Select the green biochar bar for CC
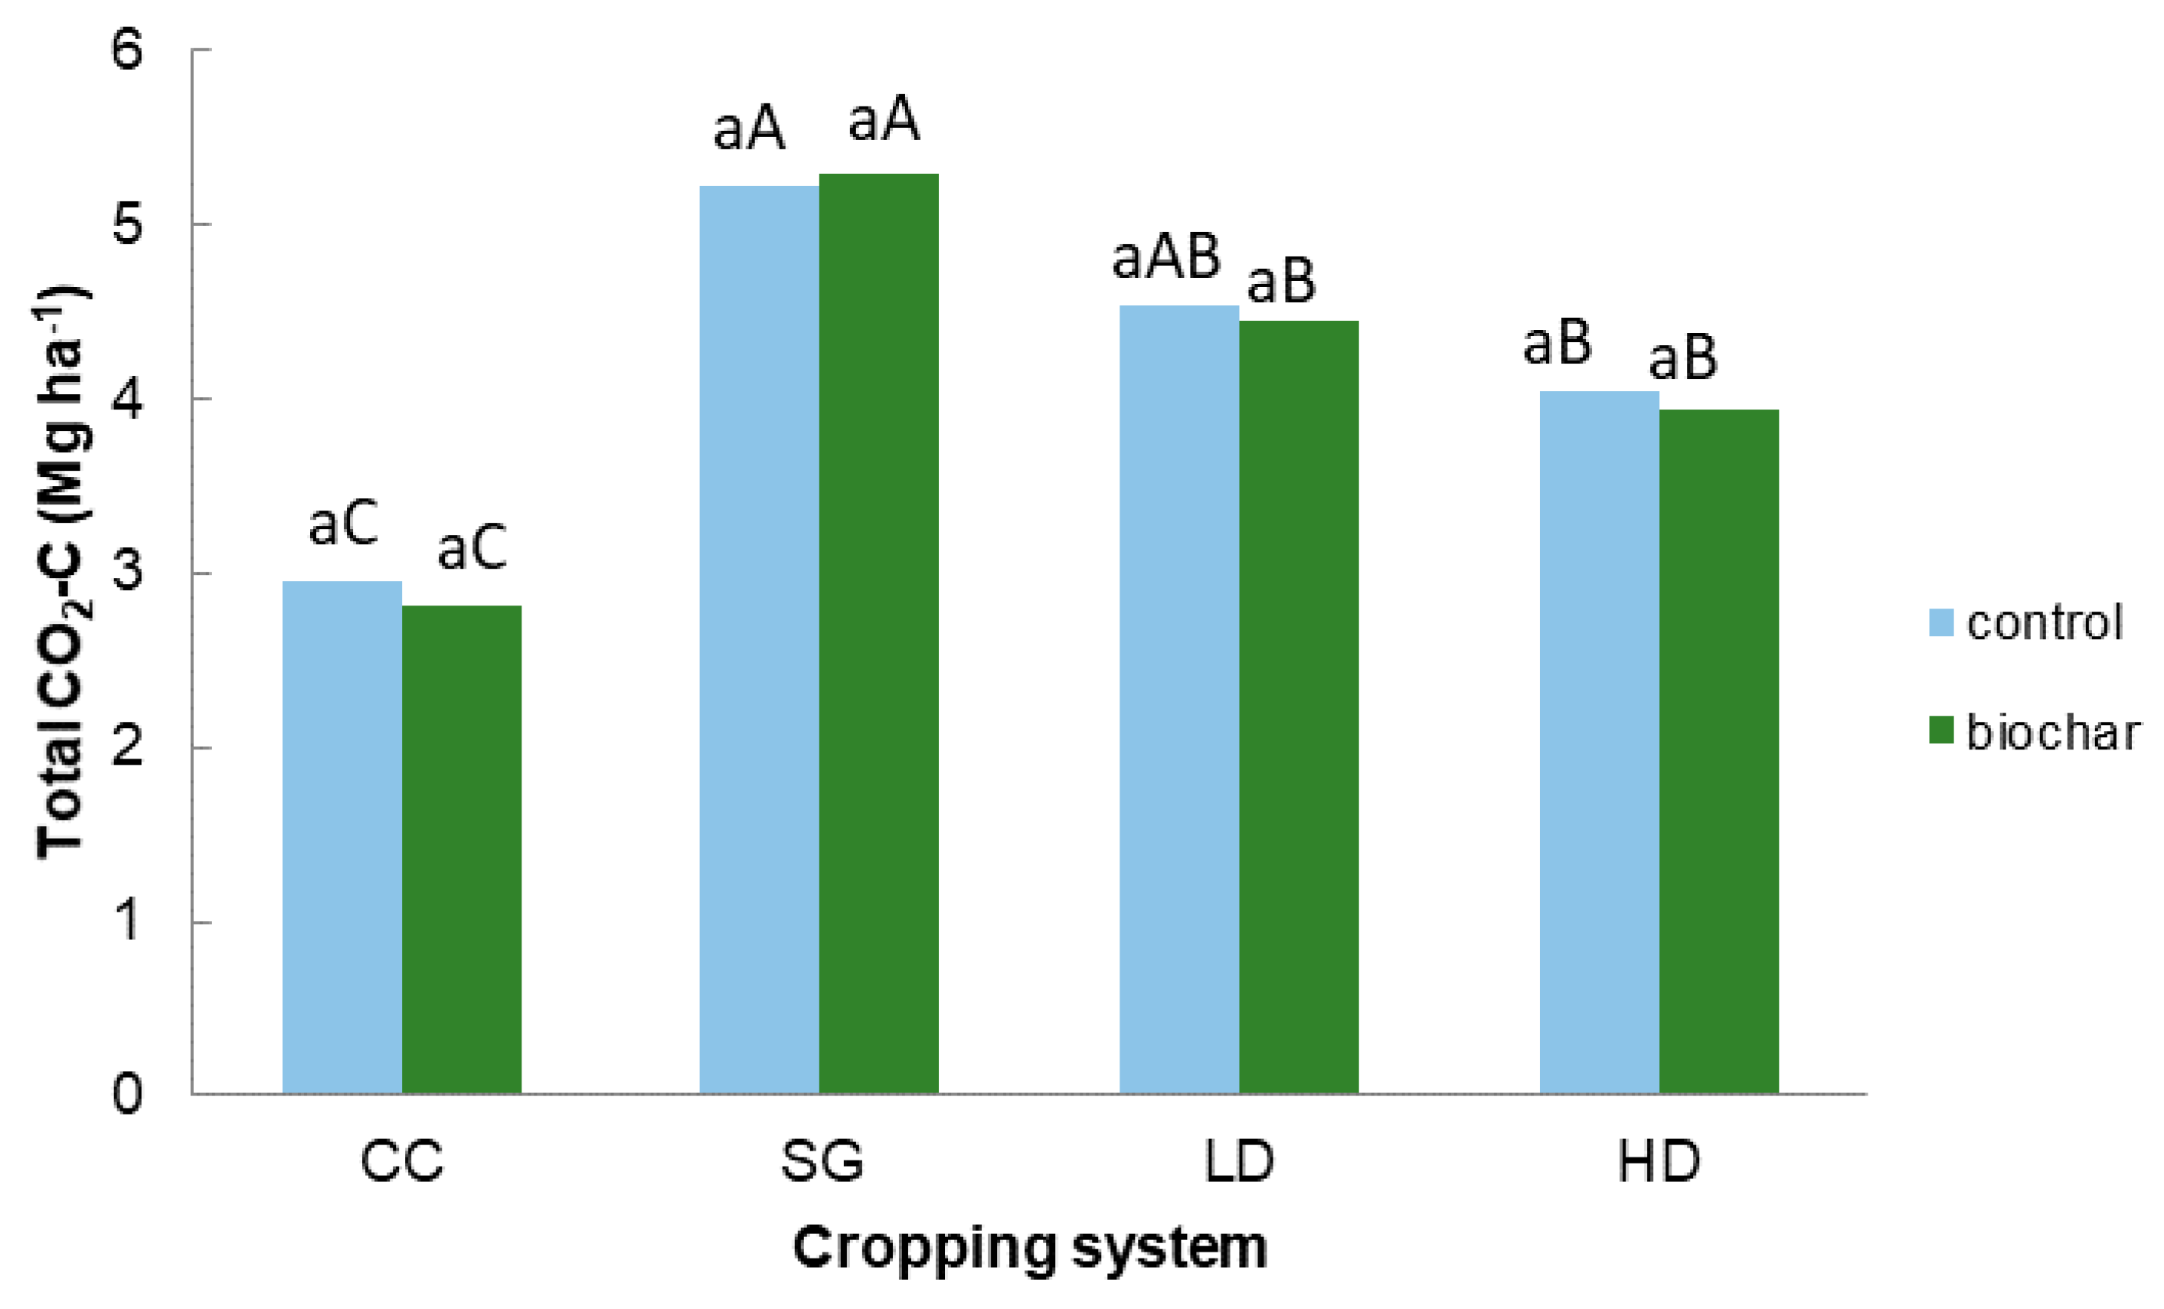pyautogui.click(x=461, y=849)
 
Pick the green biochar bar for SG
pyautogui.click(x=878, y=633)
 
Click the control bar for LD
pyautogui.click(x=1178, y=699)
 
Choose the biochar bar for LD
pyautogui.click(x=1298, y=707)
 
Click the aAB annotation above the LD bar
pyautogui.click(x=1165, y=257)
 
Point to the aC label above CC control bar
pyautogui.click(x=342, y=524)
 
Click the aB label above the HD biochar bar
pyautogui.click(x=1682, y=358)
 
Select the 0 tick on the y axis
pyautogui.click(x=126, y=1095)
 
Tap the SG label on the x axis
pyautogui.click(x=822, y=1161)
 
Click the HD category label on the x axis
pyautogui.click(x=1659, y=1161)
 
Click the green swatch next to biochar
pyautogui.click(x=1941, y=730)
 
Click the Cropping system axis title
pyautogui.click(x=1029, y=1248)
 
